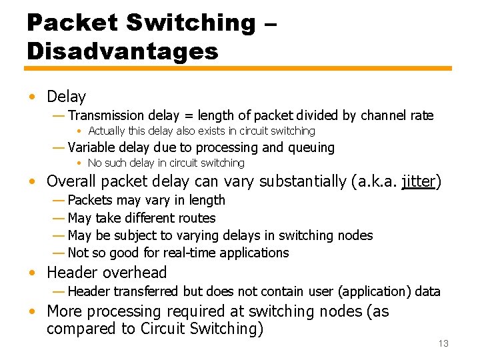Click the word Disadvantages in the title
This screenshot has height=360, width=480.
point(123,51)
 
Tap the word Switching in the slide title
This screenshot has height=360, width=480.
point(189,23)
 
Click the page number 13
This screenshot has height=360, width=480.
point(443,343)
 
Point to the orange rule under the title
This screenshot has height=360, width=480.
point(239,68)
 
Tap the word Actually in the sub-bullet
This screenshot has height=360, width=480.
point(106,131)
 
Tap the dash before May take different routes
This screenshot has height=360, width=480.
point(58,218)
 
